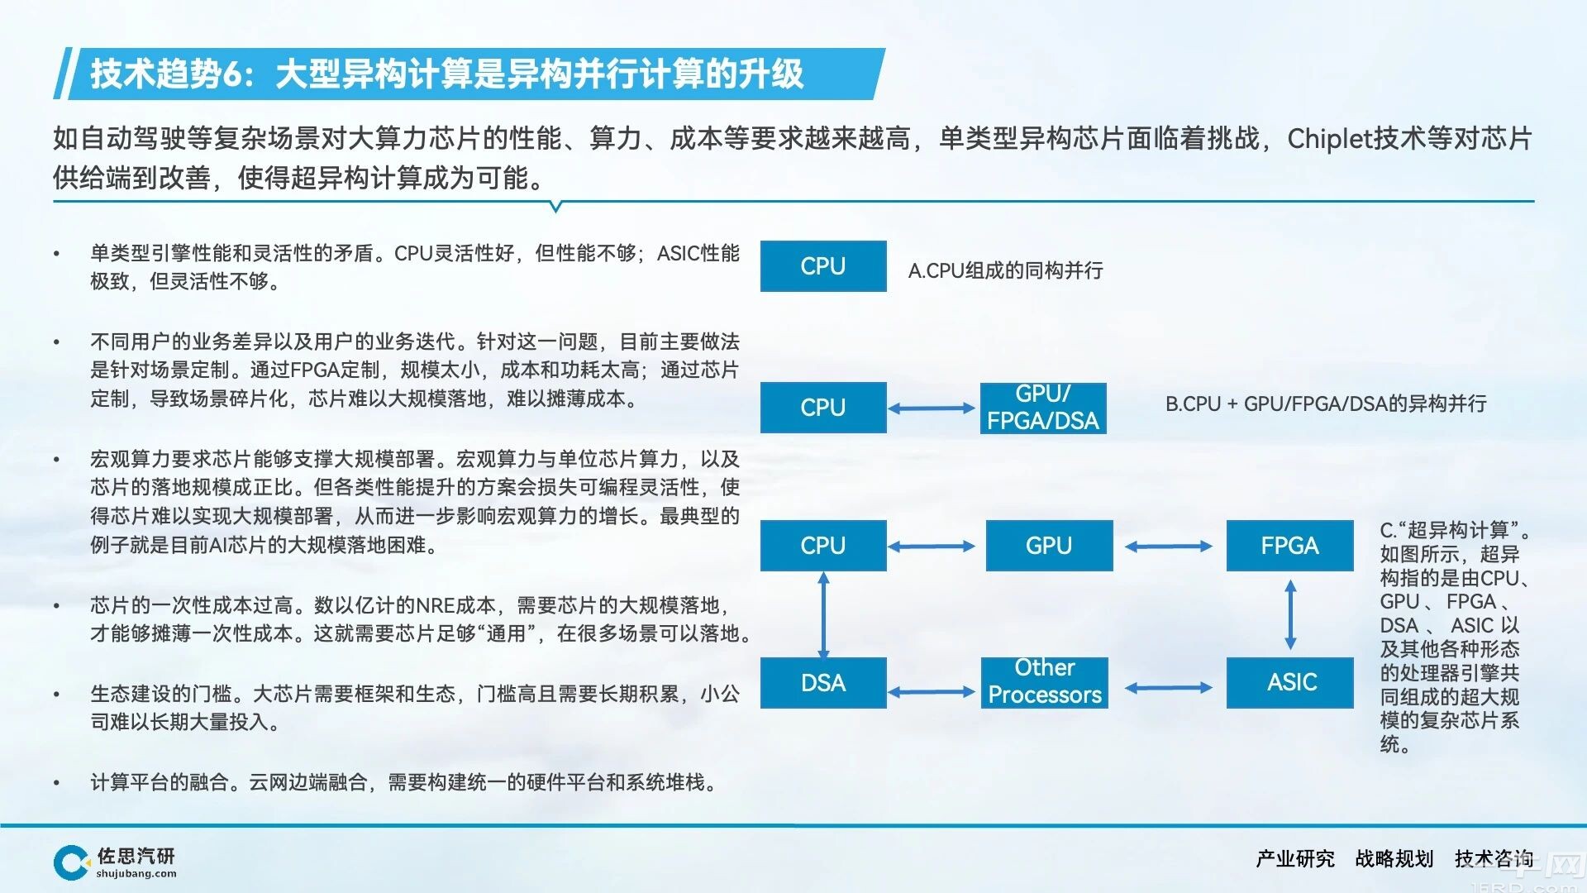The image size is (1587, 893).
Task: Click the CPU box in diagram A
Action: pos(823,266)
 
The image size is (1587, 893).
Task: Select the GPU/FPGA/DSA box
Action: pos(1043,408)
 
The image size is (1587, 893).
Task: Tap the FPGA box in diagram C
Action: pos(1289,546)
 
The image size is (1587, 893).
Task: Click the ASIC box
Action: pos(1289,683)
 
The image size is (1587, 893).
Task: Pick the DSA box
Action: pos(823,683)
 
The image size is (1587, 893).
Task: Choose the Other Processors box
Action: pos(1045,683)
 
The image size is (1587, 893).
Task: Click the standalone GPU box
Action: pos(1049,546)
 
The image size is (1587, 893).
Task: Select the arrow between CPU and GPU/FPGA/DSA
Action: pos(932,408)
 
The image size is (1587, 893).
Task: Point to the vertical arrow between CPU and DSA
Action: pos(823,614)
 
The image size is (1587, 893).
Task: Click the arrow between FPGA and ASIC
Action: pos(1290,614)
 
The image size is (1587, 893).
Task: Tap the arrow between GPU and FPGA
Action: pos(1169,546)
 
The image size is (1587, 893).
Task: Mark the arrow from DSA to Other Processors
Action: pos(932,691)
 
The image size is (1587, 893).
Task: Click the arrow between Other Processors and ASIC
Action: pos(1169,687)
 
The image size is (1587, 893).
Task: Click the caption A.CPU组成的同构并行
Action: pos(1005,270)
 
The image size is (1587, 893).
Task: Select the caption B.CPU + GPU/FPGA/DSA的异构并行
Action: pos(1326,404)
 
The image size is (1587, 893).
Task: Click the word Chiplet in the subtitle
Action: pos(1329,139)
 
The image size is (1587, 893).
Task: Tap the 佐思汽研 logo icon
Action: pos(71,862)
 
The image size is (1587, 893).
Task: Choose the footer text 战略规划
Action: pos(1394,859)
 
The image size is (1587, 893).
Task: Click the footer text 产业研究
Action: pos(1295,859)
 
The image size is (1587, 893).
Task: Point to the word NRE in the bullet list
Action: pos(436,605)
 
